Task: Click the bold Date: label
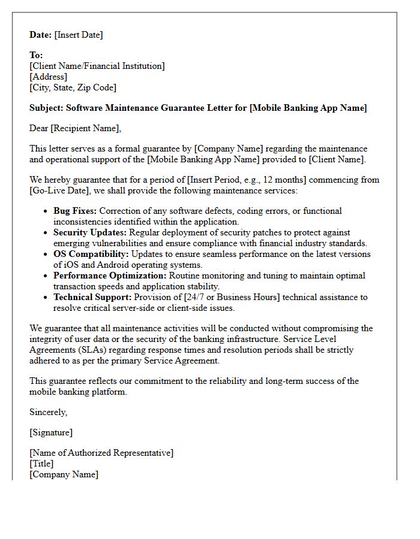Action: click(x=41, y=35)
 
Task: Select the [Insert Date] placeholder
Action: click(x=79, y=35)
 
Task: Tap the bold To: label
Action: click(x=36, y=55)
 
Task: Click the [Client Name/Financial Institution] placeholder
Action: click(x=97, y=66)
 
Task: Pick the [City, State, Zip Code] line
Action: click(x=73, y=87)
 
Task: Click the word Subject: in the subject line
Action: click(x=46, y=108)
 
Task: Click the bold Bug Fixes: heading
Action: click(x=75, y=211)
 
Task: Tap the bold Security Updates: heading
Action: click(x=90, y=232)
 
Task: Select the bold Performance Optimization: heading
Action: click(x=110, y=275)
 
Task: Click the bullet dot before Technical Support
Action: click(x=47, y=297)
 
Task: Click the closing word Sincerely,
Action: click(x=49, y=412)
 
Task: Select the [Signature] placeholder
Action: click(x=51, y=432)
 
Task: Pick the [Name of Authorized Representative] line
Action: click(x=101, y=453)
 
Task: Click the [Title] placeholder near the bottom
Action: click(x=41, y=464)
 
